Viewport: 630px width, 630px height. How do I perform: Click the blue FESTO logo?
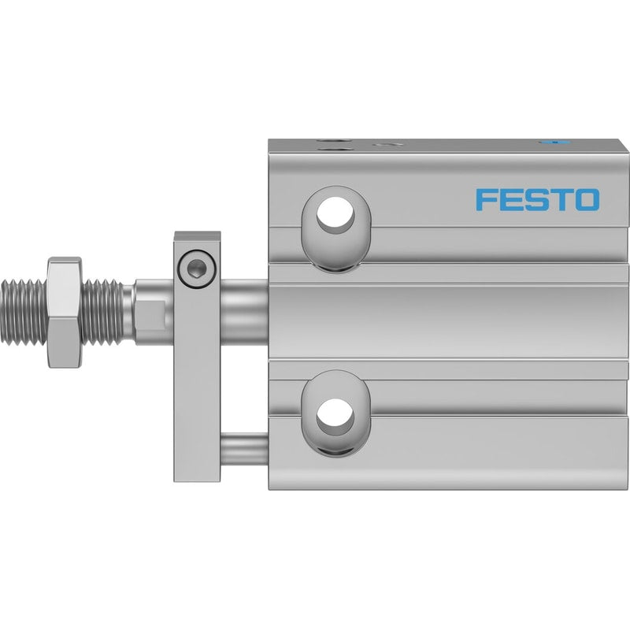click(x=538, y=200)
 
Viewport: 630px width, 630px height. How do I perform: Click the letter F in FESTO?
click(x=485, y=200)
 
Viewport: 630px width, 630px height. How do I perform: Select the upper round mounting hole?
click(x=335, y=215)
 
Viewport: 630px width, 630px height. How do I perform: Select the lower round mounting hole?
click(x=335, y=417)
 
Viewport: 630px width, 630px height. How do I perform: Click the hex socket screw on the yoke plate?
click(x=197, y=268)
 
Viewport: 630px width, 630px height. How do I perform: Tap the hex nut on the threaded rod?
click(x=65, y=312)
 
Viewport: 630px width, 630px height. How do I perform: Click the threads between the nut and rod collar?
click(x=107, y=312)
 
